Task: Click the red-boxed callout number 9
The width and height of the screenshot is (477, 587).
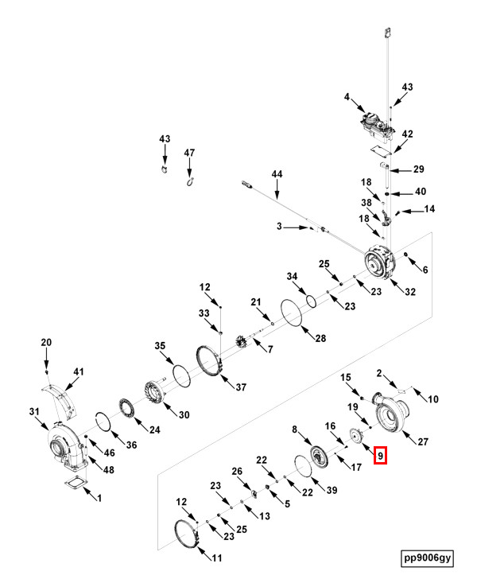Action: (381, 456)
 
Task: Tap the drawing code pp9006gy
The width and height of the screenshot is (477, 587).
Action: (427, 558)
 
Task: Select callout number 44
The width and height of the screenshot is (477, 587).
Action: (277, 174)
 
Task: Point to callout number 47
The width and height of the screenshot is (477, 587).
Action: (189, 152)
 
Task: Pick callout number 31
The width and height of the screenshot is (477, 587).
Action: (33, 411)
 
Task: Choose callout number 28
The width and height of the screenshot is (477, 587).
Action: (320, 339)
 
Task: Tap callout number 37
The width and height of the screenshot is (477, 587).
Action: (241, 387)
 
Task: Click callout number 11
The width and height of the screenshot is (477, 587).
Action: (216, 558)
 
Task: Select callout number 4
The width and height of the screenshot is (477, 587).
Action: (347, 97)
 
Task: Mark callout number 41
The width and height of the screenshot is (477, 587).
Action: (78, 371)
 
